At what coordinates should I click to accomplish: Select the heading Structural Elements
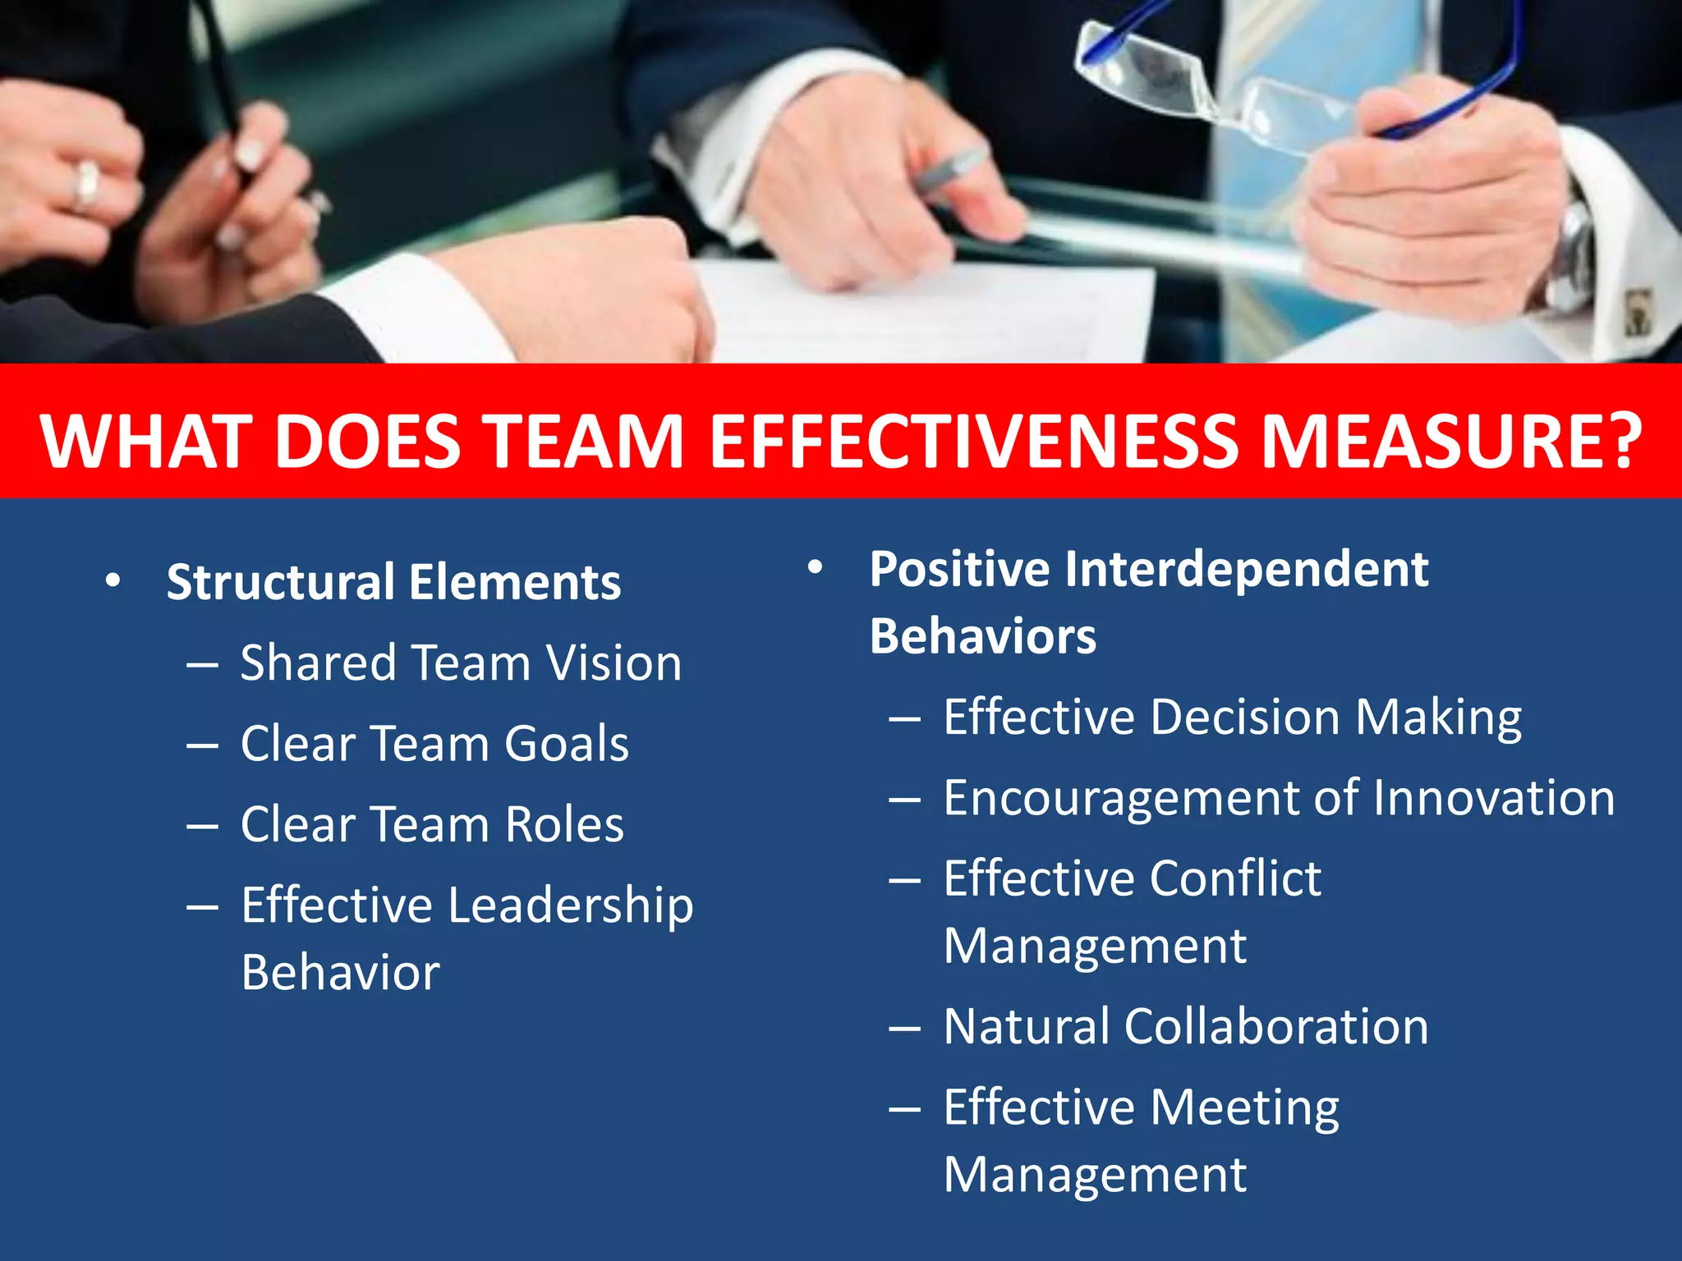point(393,582)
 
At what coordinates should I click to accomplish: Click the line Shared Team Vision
point(461,663)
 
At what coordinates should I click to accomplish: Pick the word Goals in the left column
point(567,744)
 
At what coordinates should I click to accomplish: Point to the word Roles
point(564,824)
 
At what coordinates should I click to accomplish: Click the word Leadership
point(571,906)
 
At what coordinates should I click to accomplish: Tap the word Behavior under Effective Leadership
point(340,973)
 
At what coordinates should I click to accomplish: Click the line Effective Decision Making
point(1232,717)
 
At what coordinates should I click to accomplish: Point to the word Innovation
point(1493,798)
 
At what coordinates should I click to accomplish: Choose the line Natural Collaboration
point(1186,1026)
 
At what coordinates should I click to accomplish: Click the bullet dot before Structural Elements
point(113,581)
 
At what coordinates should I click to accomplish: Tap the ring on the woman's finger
point(85,185)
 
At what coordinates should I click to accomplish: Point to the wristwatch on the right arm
point(1573,254)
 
